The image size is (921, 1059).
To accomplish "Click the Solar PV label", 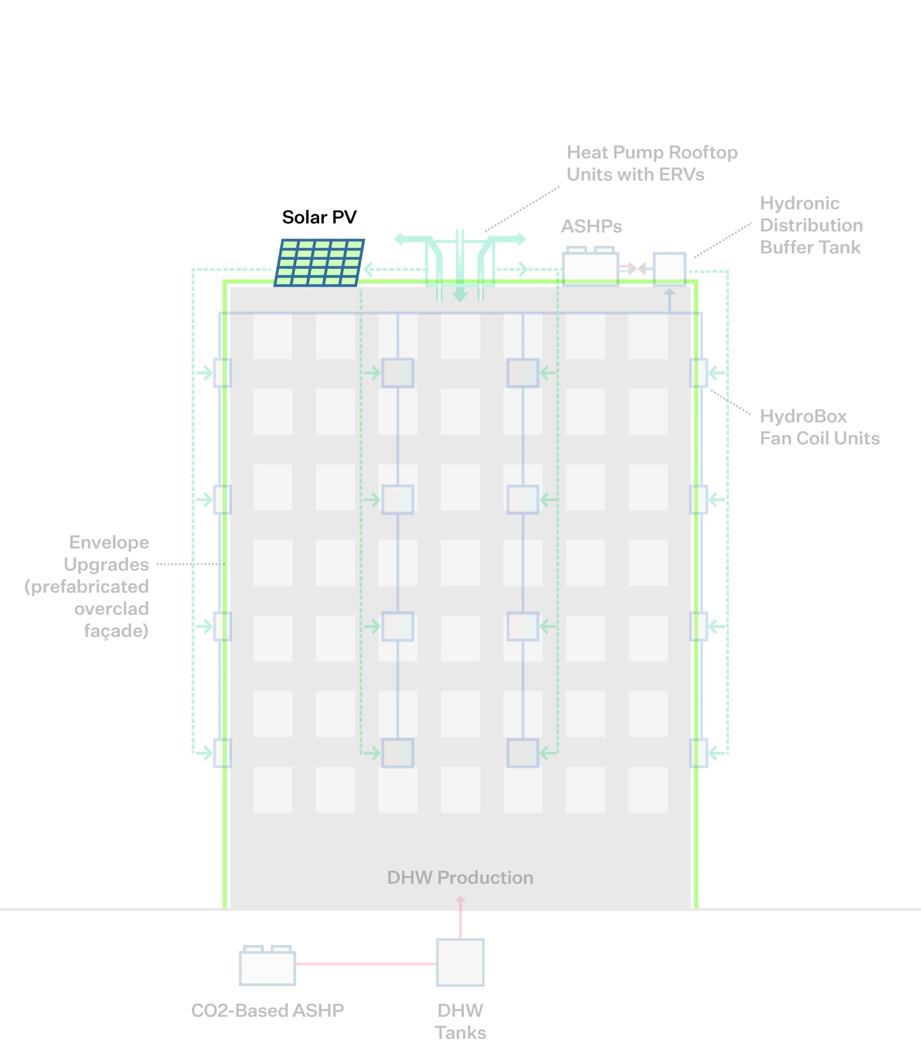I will [x=319, y=217].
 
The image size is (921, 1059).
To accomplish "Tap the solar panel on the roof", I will [x=319, y=263].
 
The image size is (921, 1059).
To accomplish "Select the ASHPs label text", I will [x=591, y=227].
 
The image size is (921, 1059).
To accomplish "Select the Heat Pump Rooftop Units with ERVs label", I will [x=652, y=163].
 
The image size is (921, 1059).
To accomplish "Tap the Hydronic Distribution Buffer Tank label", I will [x=811, y=225].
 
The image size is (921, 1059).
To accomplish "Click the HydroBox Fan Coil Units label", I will [x=819, y=427].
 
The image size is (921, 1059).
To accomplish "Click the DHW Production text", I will [x=460, y=878].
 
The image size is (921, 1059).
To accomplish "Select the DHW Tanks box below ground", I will [x=460, y=962].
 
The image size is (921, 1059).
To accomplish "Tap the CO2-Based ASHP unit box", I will [x=267, y=968].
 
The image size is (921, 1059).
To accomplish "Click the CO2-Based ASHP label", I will [x=267, y=1011].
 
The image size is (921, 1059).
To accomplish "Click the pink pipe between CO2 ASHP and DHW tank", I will [x=365, y=963].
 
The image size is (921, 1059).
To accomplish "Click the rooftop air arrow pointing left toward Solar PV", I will [x=369, y=269].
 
